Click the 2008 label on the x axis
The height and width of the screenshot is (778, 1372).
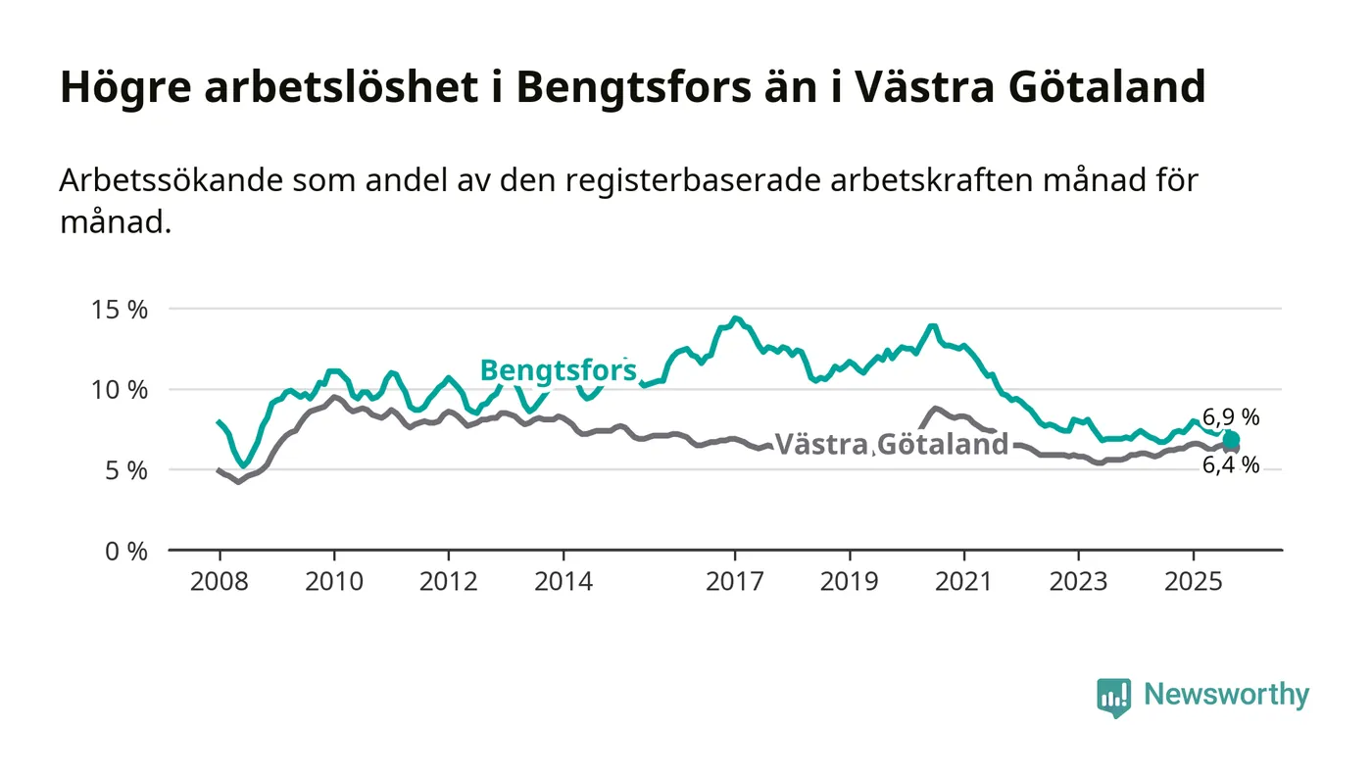[219, 580]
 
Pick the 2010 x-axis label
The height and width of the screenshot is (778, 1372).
[333, 580]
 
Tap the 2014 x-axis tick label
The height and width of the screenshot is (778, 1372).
[563, 580]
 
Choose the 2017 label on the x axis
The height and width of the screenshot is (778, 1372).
[735, 580]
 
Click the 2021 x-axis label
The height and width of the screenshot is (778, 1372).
[964, 580]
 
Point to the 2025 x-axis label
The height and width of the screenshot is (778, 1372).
[1194, 580]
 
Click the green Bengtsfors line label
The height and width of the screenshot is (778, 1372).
[558, 370]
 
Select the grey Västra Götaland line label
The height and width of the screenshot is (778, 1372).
[892, 444]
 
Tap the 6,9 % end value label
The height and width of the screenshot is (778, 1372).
[1231, 417]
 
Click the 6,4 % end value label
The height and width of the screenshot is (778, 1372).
[1231, 465]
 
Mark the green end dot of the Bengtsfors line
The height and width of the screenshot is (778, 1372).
[1231, 440]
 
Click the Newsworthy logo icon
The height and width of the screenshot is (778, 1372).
[1113, 697]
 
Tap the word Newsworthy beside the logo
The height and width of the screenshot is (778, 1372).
[1226, 695]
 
